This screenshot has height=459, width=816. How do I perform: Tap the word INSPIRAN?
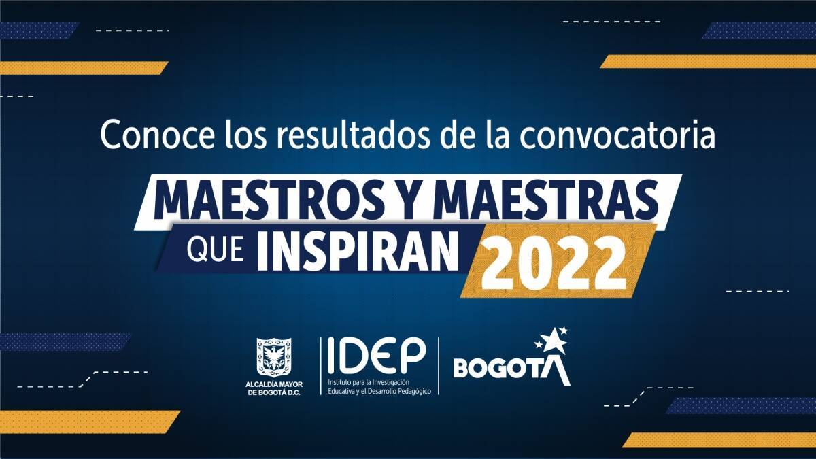coord(358,251)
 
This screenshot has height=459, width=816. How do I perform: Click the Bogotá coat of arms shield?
coord(274,357)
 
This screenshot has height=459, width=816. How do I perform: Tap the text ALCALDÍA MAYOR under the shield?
coord(274,384)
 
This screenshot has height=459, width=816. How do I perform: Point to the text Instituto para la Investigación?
coord(369,382)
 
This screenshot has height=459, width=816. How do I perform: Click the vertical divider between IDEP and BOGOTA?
coord(439,366)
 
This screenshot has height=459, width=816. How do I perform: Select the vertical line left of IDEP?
coord(321,366)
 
